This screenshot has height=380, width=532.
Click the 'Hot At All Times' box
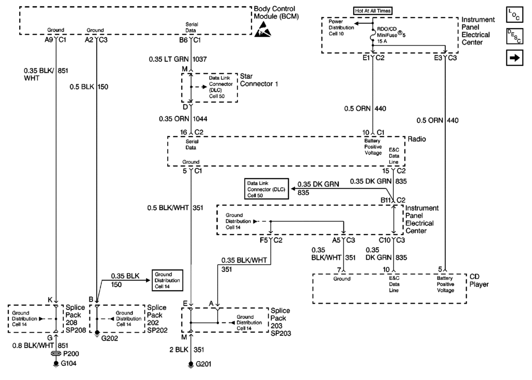[x=373, y=10]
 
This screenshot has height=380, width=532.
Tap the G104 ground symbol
[x=57, y=363]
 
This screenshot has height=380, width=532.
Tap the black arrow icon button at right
[x=516, y=58]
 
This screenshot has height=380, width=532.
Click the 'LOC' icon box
[x=516, y=14]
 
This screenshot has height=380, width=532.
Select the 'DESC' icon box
[x=516, y=36]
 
